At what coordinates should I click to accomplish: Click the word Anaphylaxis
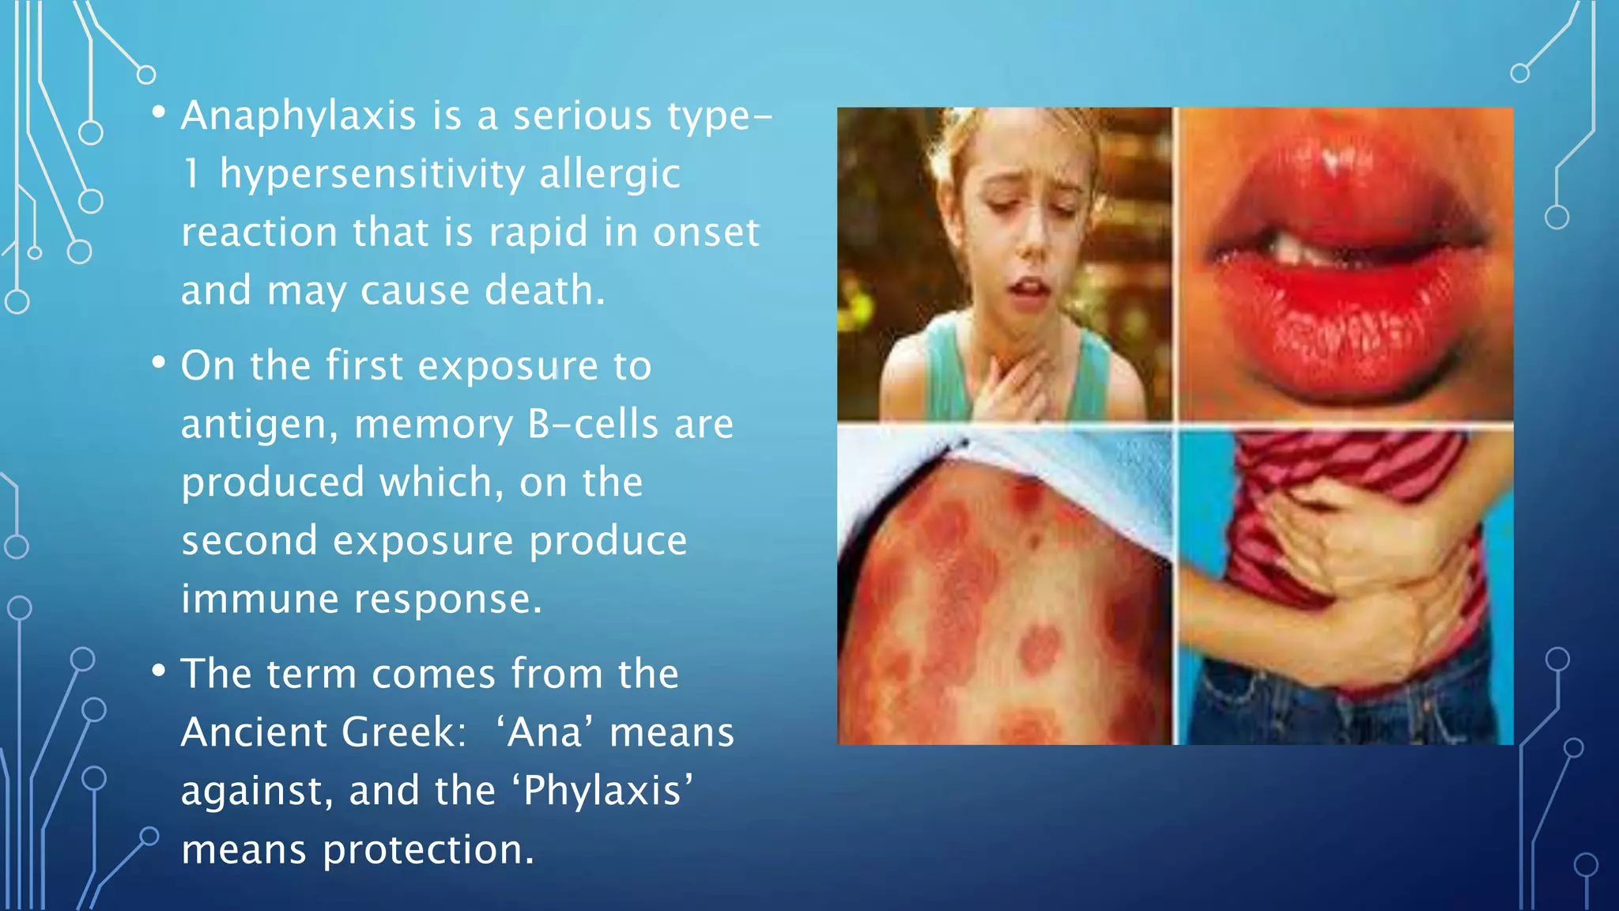(x=298, y=116)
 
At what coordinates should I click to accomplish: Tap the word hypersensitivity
(x=372, y=174)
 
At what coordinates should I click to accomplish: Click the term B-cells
(x=592, y=424)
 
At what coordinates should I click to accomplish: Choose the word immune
(x=259, y=599)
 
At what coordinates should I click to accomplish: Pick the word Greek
(x=398, y=732)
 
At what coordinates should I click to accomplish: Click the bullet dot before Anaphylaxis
(x=159, y=113)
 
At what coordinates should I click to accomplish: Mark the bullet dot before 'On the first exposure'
(x=159, y=363)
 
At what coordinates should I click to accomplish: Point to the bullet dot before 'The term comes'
(x=159, y=671)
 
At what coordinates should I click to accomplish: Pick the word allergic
(x=609, y=174)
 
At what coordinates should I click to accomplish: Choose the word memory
(x=433, y=425)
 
